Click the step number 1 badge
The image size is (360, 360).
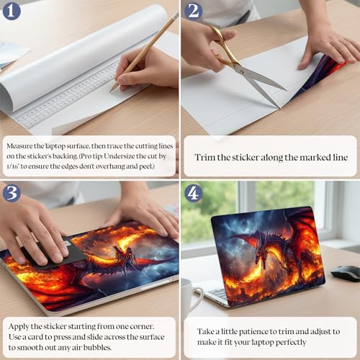coord(12,11)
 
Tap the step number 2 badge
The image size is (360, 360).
coord(194,11)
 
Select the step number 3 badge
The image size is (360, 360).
coord(12,193)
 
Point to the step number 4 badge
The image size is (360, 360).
coord(194,193)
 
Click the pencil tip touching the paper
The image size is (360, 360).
coord(111,91)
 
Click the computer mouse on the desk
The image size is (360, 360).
coord(346,273)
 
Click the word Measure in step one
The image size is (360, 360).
coord(19,146)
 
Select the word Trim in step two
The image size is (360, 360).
coord(204,158)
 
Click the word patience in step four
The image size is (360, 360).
coord(253,332)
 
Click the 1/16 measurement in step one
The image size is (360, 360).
coord(12,166)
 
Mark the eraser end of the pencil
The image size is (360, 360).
coord(176,16)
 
